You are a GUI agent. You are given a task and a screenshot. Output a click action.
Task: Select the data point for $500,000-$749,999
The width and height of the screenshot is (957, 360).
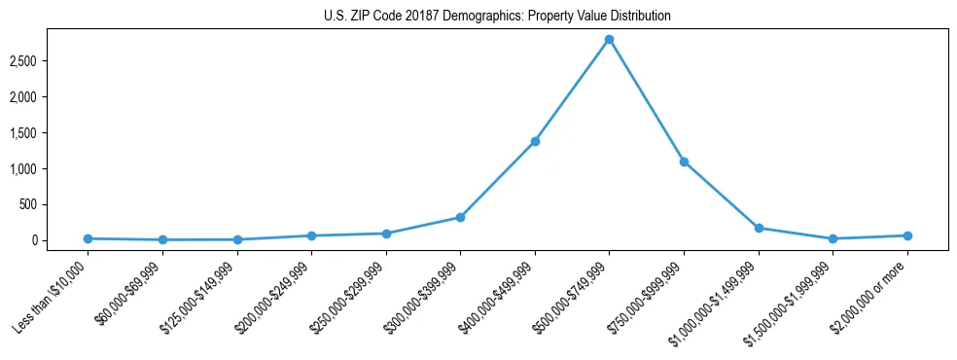coord(609,40)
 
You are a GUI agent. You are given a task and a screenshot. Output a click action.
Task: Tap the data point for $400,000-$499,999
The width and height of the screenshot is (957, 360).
coord(535,142)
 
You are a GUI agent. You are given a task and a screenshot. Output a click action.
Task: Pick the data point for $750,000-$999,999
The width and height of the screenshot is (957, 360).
coord(684,162)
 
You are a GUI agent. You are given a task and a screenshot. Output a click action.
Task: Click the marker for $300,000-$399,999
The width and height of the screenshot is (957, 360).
coord(460,217)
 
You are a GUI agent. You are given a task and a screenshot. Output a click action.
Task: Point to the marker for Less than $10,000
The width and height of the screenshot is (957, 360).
coord(89,238)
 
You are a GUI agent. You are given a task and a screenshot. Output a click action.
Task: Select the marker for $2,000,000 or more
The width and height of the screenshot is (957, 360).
coord(906,235)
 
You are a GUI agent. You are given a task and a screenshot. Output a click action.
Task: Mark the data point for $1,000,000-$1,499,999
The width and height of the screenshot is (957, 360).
coord(759,228)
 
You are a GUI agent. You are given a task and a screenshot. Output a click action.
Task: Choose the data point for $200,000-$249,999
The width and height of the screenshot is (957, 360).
coord(311,235)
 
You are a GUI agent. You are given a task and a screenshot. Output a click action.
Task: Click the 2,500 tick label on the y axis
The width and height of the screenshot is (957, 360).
coord(50,61)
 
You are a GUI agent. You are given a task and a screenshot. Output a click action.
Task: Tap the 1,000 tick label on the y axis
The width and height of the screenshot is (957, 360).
coord(50,169)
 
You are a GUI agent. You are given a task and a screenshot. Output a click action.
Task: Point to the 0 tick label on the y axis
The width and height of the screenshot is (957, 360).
coord(59,240)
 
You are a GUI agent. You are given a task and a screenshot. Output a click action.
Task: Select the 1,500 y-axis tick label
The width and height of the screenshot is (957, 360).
coord(50,133)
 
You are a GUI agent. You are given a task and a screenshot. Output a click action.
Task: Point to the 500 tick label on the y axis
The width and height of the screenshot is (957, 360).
coord(53,204)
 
